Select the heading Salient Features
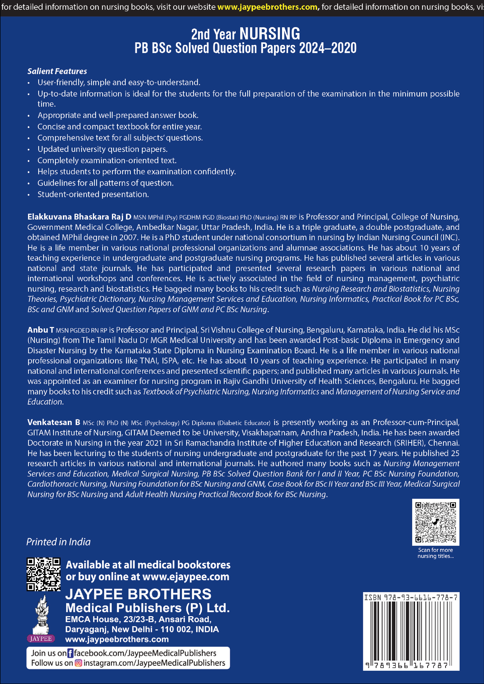[x=57, y=71]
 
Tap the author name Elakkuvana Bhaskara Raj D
[x=79, y=217]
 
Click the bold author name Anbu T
[x=41, y=330]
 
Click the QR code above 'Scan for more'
[x=435, y=522]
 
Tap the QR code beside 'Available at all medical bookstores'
[x=44, y=574]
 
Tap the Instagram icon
[x=78, y=663]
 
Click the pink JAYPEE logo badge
[x=41, y=638]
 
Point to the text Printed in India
[x=58, y=542]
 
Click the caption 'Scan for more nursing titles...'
[x=435, y=553]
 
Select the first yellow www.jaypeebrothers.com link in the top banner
[x=267, y=7]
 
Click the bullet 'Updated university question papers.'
[x=102, y=149]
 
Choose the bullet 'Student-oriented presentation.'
[x=93, y=194]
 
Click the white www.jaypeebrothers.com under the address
[x=117, y=639]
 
